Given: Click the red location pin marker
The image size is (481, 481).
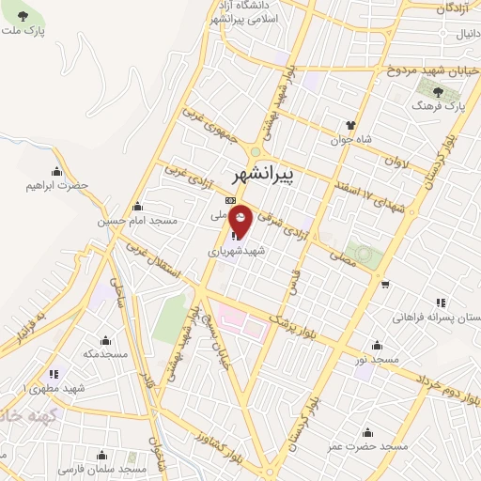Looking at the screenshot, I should (x=241, y=220).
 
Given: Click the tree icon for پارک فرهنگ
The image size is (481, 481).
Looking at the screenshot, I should (x=438, y=91).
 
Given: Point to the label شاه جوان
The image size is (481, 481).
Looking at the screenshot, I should (x=350, y=140).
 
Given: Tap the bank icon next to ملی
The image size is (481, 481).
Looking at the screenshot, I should (x=229, y=200).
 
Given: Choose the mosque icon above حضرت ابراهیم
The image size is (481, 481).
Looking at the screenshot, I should (x=57, y=170).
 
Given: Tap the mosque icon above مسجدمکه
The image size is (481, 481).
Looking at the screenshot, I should (x=105, y=340).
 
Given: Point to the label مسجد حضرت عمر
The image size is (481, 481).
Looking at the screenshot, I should (x=369, y=446).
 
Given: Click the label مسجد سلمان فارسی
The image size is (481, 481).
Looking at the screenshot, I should (x=102, y=467).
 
